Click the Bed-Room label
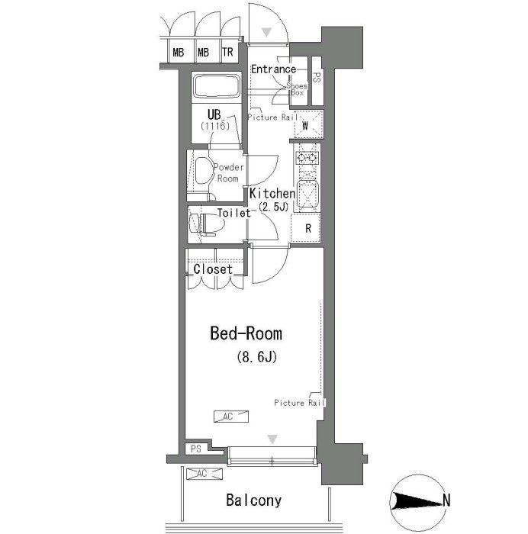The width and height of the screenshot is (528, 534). (x=246, y=333)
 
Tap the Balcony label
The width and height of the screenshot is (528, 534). (x=254, y=500)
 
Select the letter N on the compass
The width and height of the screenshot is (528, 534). (x=446, y=500)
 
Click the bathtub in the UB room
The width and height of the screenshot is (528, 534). (x=217, y=86)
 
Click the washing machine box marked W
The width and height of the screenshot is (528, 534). (x=308, y=124)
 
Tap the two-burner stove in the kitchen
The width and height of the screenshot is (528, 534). (x=307, y=158)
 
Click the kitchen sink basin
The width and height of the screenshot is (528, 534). (x=307, y=195)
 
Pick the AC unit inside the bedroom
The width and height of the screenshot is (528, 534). (x=231, y=417)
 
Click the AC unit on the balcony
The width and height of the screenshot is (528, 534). (x=204, y=474)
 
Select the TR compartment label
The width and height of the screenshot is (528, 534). (x=227, y=53)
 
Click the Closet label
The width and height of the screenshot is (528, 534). (x=213, y=269)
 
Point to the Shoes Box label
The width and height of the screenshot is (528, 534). (x=297, y=89)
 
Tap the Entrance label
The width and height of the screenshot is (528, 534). (x=274, y=69)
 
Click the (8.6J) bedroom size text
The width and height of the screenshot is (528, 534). (x=256, y=357)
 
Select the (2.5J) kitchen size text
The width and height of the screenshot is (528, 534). (x=273, y=207)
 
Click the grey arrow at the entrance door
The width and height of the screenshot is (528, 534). (x=266, y=32)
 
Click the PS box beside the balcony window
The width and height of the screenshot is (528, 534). (x=196, y=449)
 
